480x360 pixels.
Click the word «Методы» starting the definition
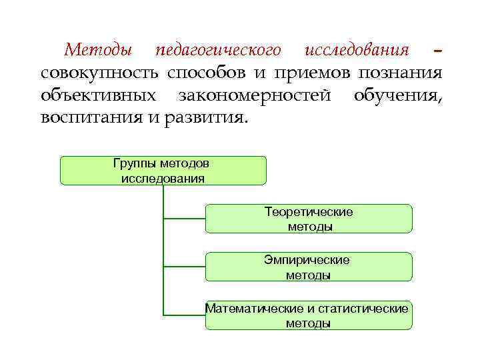coord(97,51)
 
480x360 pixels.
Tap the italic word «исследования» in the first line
coord(356,51)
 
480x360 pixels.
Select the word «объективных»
coord(98,95)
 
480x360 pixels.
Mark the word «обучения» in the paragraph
coord(397,95)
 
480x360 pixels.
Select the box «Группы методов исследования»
coord(163,171)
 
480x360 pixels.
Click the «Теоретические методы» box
coord(309,219)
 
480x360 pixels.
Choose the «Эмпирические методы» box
coord(309,267)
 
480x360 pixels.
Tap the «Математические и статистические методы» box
coord(309,315)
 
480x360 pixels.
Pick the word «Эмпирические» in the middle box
coord(307,260)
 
